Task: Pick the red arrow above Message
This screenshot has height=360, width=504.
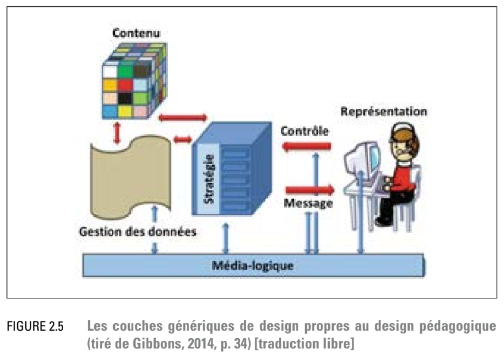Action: [309, 189]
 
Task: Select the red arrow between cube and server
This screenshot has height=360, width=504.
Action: [183, 117]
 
